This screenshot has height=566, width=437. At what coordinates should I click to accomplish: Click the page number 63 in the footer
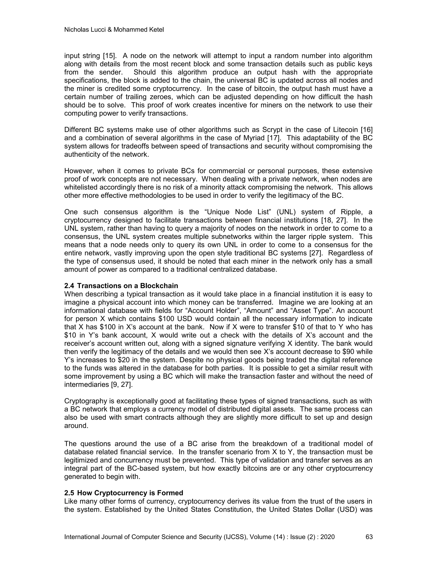[x=369, y=537]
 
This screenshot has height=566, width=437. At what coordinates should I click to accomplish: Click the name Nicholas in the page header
[x=75, y=30]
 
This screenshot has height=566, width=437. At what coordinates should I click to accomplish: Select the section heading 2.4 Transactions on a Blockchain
[x=121, y=286]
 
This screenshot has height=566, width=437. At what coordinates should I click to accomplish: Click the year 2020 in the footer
[x=328, y=537]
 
